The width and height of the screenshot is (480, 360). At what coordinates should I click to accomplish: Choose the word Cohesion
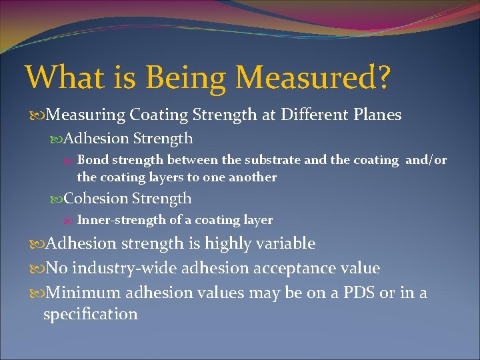pyautogui.click(x=96, y=199)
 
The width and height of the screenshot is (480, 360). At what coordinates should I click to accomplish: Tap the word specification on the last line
pyautogui.click(x=90, y=314)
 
